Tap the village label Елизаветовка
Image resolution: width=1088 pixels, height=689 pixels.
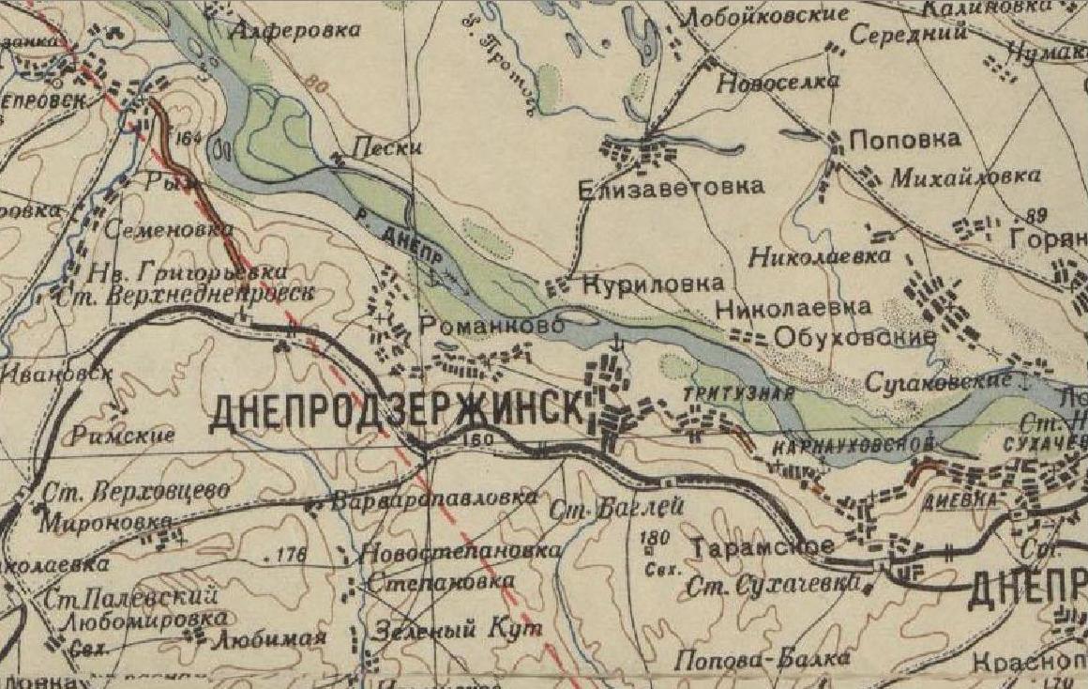(x=671, y=187)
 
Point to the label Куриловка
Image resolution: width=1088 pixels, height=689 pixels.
(x=653, y=283)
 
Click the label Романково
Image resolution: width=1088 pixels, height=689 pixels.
(x=491, y=326)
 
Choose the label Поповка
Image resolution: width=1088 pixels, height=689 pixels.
(x=904, y=140)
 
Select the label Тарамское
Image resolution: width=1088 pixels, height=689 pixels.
(x=762, y=546)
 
